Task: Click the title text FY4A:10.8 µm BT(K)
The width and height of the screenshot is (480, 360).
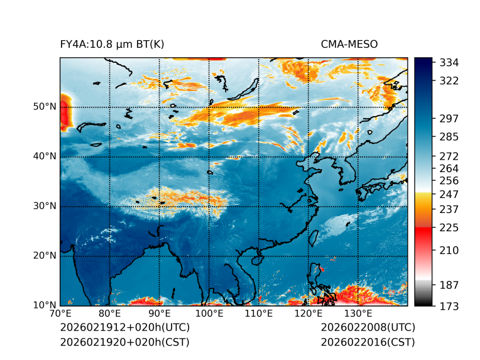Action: pos(112,45)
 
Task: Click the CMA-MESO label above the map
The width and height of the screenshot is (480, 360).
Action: pos(349,45)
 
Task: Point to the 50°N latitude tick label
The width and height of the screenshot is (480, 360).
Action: pos(45,107)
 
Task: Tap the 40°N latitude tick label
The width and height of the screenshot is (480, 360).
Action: pos(45,156)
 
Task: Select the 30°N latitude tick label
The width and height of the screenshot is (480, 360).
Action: pos(45,206)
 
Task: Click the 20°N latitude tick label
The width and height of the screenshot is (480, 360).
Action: pos(45,256)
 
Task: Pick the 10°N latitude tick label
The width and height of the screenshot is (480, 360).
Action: pos(45,305)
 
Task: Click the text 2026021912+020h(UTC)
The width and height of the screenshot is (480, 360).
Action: pos(124,328)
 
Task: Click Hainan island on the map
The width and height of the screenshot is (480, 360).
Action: pos(256,259)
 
